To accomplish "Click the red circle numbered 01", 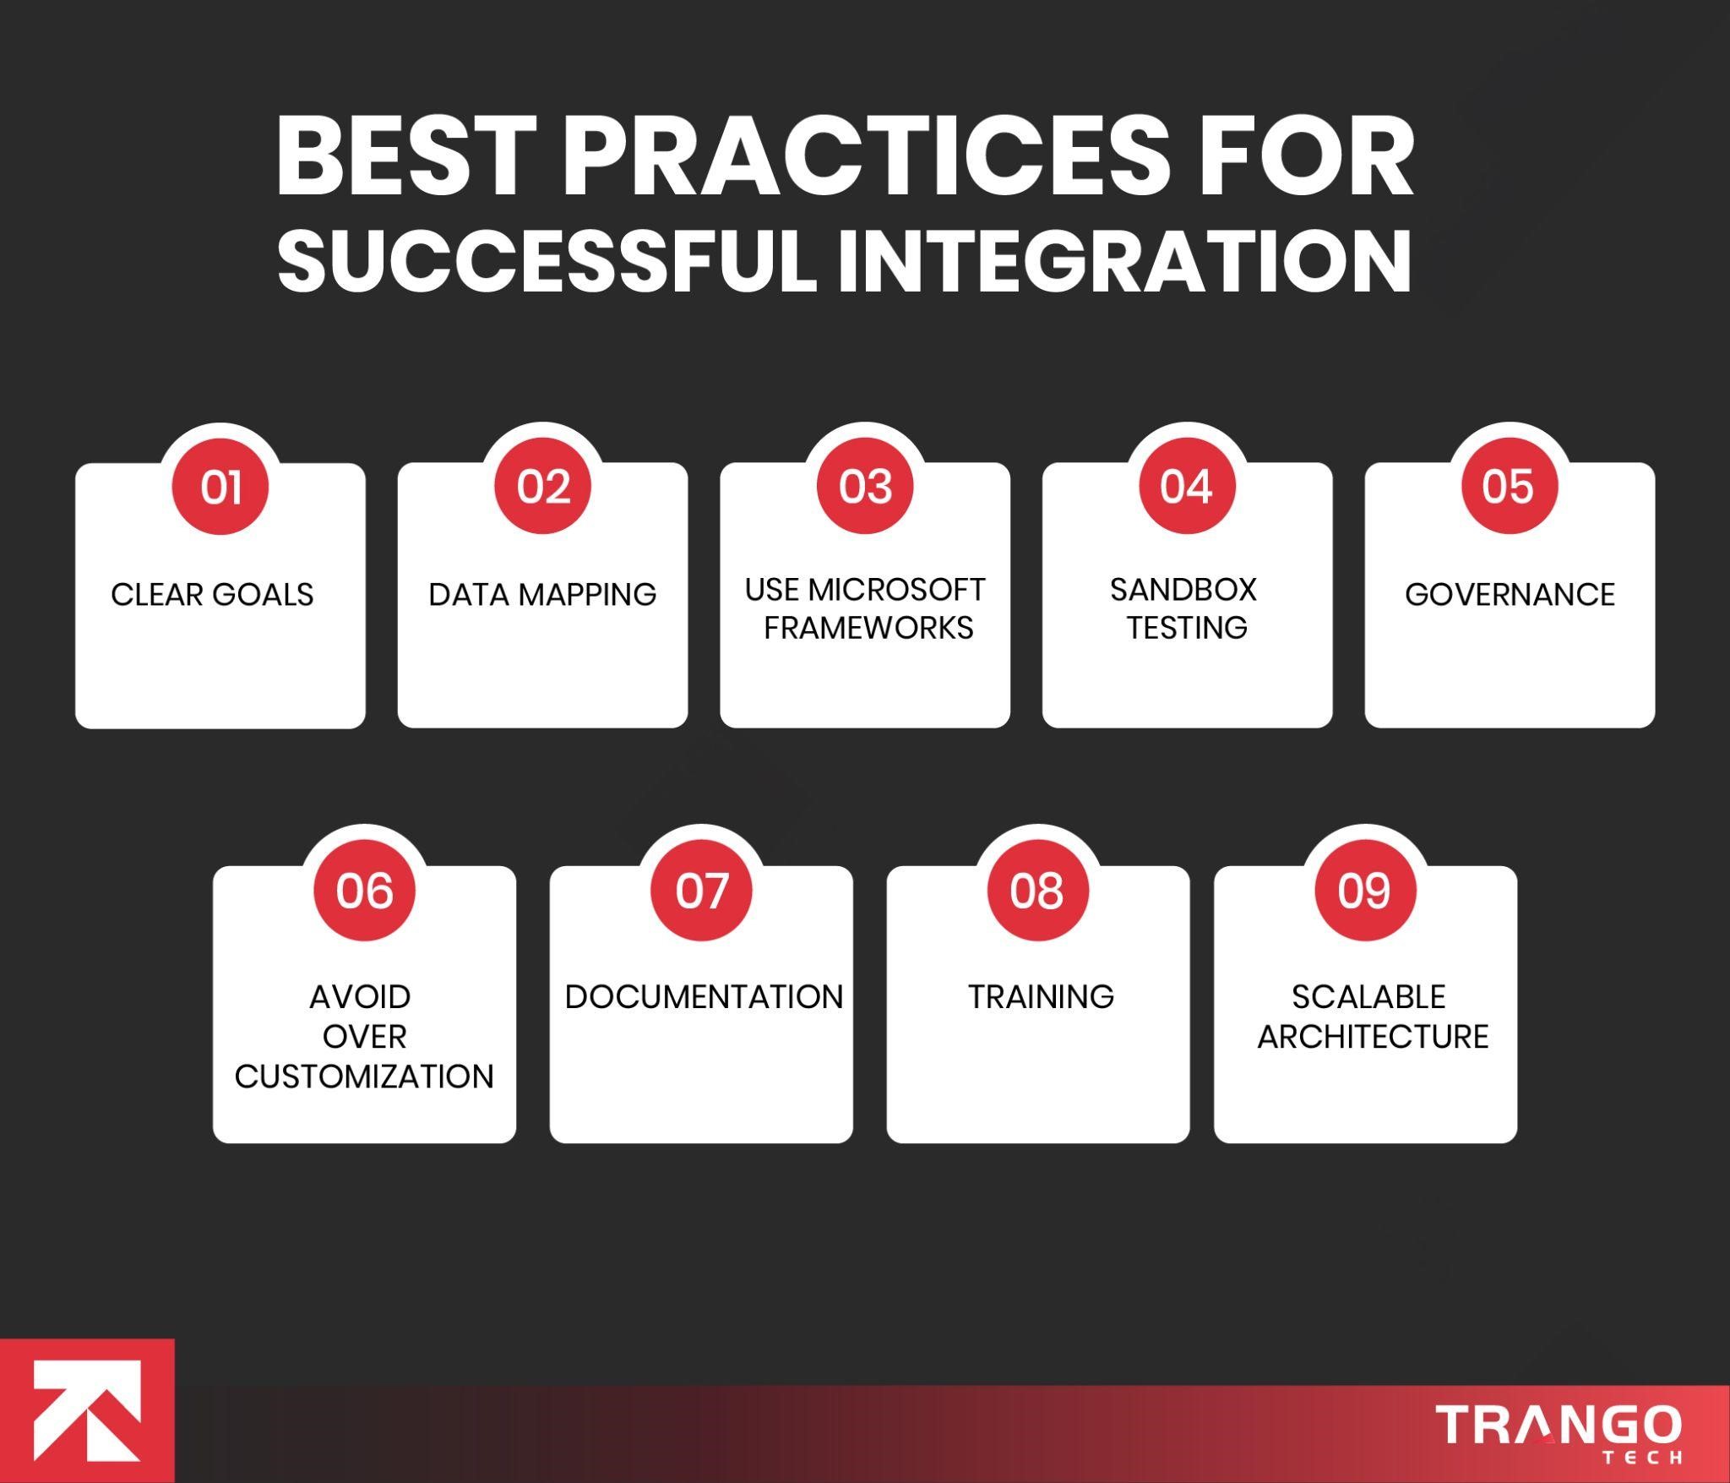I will click(220, 487).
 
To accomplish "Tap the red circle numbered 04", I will click(1187, 487).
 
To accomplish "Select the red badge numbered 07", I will click(701, 891).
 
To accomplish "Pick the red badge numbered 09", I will click(1365, 891).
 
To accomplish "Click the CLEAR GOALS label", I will click(212, 595).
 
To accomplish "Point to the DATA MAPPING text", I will click(542, 595).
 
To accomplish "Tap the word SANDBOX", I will click(1183, 590).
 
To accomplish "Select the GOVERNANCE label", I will click(1510, 595).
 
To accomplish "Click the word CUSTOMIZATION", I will click(364, 1077).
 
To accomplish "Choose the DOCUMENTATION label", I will click(704, 997).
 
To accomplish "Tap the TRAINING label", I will click(1041, 997).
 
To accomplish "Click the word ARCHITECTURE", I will click(1373, 1037).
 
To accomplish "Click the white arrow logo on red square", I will click(87, 1410).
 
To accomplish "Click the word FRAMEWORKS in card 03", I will click(868, 628).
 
